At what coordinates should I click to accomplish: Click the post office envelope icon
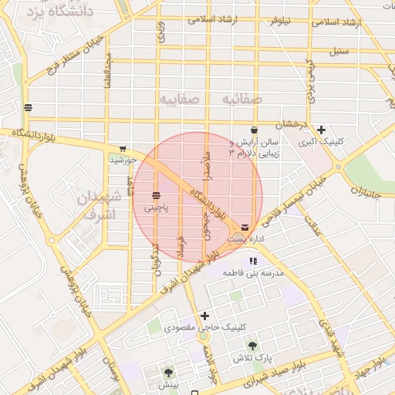[245, 228]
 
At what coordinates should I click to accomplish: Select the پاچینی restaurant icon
[157, 196]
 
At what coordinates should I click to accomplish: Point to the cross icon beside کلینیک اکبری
[321, 130]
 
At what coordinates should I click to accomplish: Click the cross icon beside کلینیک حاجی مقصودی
[204, 315]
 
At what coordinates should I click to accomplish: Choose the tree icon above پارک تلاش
[253, 346]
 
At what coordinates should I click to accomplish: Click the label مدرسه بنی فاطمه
[254, 273]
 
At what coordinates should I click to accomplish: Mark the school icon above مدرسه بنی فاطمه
[253, 261]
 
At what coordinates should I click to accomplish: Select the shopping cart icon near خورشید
[123, 149]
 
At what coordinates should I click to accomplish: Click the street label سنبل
[340, 52]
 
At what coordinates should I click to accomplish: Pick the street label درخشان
[293, 124]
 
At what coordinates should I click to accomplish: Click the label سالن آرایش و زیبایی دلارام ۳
[255, 148]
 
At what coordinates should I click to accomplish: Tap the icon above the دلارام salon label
[254, 130]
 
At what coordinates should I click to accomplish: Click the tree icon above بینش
[168, 373]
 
